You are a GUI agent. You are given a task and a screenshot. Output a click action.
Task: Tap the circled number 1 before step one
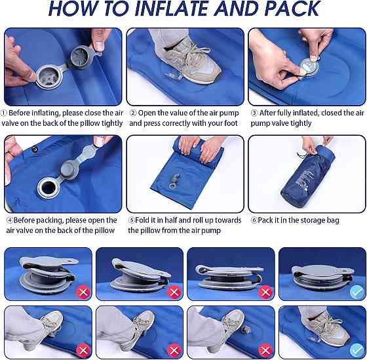pos(4,113)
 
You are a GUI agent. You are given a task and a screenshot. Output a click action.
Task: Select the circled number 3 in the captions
pos(254,113)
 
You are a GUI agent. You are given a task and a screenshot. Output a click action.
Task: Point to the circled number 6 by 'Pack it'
pos(254,220)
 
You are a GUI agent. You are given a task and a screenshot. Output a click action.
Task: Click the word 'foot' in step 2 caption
pos(231,123)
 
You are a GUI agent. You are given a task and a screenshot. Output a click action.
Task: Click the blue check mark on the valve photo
pos(357,292)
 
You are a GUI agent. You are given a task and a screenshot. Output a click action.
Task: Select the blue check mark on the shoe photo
pos(357,350)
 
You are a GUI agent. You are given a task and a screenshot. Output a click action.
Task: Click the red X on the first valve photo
pos(83,292)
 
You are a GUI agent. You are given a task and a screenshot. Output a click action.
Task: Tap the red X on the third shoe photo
pos(265,351)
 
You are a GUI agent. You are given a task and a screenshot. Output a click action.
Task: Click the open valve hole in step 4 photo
pos(48,188)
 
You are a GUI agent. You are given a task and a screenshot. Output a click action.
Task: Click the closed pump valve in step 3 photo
pos(309,67)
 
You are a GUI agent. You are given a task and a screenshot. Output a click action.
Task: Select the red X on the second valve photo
pos(174,292)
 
